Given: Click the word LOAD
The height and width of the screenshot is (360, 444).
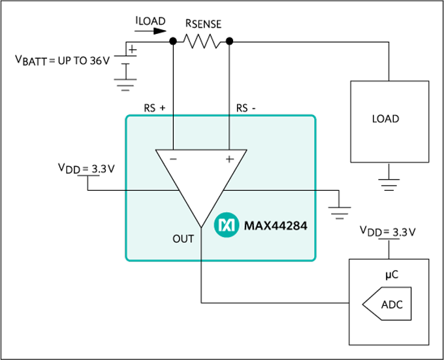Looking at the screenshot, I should tap(385, 119).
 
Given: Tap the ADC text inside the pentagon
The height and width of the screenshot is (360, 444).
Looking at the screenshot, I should tap(392, 304).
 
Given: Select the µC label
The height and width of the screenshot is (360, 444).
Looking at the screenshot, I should tap(391, 275).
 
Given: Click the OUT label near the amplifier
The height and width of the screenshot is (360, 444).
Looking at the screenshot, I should tap(183, 239).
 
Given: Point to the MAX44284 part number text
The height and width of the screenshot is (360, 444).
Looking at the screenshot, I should tap(276, 226).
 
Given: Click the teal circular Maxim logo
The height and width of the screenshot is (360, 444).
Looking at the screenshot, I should tap(227, 225).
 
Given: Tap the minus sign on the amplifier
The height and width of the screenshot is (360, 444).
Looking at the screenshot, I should tap(173, 159).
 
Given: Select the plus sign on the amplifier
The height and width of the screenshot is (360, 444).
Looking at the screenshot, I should tap(229, 159).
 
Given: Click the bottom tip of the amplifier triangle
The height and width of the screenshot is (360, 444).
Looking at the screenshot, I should tap(201, 226).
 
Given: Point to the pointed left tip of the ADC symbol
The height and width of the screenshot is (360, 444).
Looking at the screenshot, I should tap(363, 304).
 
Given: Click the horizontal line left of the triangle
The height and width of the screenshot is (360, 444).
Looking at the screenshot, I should tap(150, 190).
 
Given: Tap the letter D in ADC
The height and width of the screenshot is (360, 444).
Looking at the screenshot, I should tap(392, 304).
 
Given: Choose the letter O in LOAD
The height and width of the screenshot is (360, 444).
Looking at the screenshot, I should tap(381, 119).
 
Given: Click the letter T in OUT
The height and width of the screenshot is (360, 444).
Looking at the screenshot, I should tap(191, 239).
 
